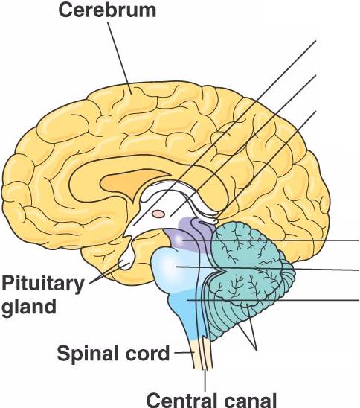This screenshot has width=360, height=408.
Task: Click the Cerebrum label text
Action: tap(107, 10)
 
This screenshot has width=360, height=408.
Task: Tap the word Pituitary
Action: tap(43, 284)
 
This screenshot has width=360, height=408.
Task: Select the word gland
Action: tap(29, 307)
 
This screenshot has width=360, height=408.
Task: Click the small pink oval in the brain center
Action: tap(158, 214)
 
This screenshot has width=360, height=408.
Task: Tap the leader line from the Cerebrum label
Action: tap(120, 58)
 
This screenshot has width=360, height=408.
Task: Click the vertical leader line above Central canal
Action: tap(205, 380)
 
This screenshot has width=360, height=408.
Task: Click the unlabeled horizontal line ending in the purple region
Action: tap(270, 240)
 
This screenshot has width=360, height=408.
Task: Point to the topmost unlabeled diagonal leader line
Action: tap(225, 133)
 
